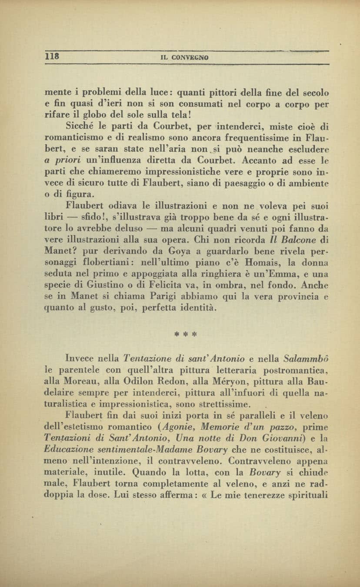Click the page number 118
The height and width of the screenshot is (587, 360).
tap(52, 57)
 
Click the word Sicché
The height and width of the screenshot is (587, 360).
tap(79, 127)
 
